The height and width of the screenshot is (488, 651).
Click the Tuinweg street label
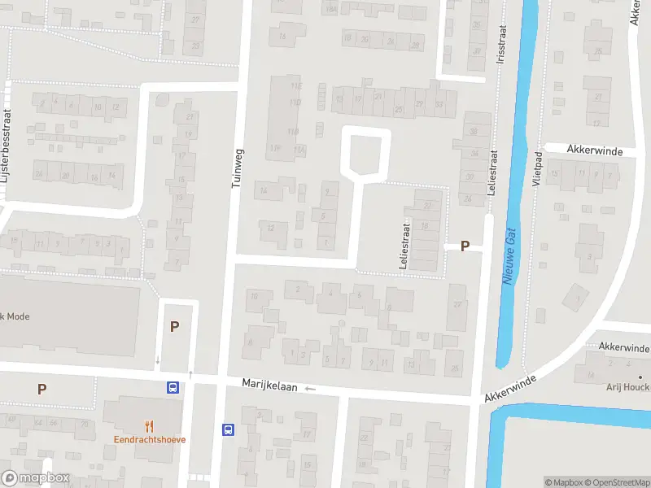[x=238, y=168]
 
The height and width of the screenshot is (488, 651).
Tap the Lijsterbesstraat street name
[x=7, y=155]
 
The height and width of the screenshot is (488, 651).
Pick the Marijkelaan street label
[x=269, y=383]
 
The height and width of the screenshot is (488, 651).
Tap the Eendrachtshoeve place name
[x=149, y=439]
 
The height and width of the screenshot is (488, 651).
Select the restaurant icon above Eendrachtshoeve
[x=149, y=425]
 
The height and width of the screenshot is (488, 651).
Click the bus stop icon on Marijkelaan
[x=173, y=388]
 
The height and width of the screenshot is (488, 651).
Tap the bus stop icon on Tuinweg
[x=229, y=429]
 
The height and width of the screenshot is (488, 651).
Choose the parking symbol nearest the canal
[x=465, y=246]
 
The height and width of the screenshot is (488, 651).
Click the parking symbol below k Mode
[x=42, y=389]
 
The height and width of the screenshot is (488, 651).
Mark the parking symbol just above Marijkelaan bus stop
[x=174, y=326]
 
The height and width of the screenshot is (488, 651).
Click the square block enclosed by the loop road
[x=365, y=153]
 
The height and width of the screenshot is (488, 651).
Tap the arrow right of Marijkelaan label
[x=309, y=389]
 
